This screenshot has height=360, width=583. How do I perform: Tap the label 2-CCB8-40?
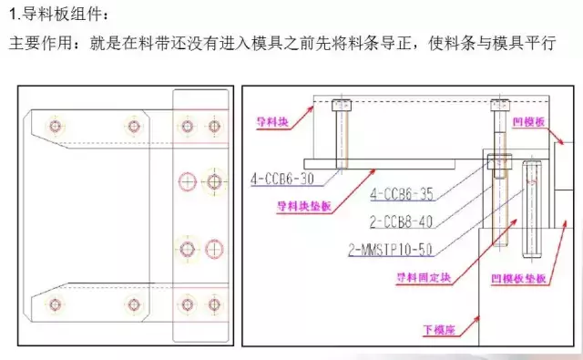coord(401,219)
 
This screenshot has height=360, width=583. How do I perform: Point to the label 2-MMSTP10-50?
coord(389,246)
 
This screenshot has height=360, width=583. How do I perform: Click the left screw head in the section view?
coord(342,104)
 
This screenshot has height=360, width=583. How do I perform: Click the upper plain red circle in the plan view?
coord(188,182)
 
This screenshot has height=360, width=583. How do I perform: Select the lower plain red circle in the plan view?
coord(214,248)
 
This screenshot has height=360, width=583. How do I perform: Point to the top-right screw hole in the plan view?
coord(214,124)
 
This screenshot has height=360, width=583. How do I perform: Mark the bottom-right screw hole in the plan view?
coord(214,304)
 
